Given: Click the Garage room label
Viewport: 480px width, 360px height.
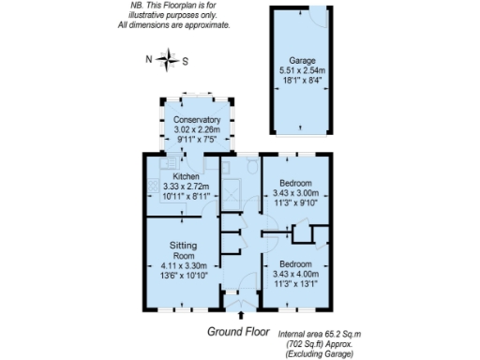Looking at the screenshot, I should [x=303, y=60].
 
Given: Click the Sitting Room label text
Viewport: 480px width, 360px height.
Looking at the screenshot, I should [x=183, y=249].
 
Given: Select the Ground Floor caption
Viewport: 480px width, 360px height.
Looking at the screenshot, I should [x=238, y=332].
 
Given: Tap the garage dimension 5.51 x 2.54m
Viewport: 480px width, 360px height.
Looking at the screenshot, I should [x=303, y=70].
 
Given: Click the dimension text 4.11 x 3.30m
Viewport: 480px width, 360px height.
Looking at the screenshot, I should [x=183, y=265].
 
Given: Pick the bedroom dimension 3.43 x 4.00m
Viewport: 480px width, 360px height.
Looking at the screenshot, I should [x=296, y=275].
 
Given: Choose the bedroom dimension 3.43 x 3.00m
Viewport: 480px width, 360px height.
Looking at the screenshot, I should [x=295, y=193].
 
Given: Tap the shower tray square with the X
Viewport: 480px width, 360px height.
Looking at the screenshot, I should [x=230, y=197].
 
